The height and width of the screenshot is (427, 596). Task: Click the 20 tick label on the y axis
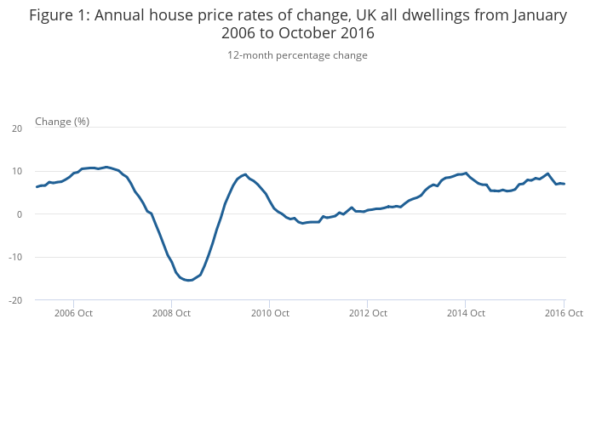(17, 128)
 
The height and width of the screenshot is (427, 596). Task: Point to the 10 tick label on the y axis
(17, 171)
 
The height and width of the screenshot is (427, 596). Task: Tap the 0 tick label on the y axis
(19, 214)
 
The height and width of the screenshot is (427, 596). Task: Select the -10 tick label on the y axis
(15, 258)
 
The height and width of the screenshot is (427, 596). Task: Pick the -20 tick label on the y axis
(15, 300)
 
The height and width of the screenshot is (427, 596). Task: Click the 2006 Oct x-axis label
(74, 313)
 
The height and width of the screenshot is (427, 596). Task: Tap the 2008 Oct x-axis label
(172, 313)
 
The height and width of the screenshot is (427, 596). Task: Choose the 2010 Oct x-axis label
(270, 313)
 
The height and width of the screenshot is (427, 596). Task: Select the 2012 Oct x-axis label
(368, 313)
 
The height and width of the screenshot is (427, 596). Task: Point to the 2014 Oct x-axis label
(466, 313)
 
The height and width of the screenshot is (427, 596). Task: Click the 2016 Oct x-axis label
(563, 313)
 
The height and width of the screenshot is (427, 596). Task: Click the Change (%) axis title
(62, 122)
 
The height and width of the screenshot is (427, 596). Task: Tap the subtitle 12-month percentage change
(297, 55)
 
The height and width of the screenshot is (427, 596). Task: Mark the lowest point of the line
(189, 280)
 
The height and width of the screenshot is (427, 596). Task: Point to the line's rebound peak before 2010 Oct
(245, 174)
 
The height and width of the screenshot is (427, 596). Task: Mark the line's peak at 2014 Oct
(466, 173)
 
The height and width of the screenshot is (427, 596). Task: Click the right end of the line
(564, 184)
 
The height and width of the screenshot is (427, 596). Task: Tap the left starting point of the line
(37, 186)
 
